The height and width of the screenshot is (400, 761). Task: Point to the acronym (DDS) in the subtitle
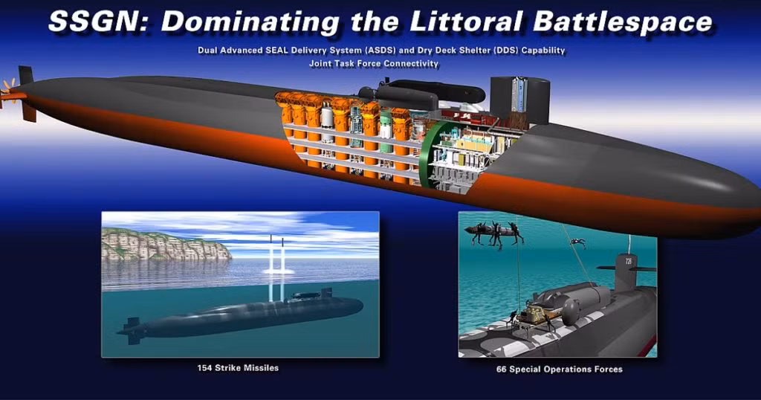503,50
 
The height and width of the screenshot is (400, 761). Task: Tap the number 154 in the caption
205,368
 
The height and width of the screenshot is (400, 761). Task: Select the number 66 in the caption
502,370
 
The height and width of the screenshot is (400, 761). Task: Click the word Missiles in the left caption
262,368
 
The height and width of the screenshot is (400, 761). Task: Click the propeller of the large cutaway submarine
7,92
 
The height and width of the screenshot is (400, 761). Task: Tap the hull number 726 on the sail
629,262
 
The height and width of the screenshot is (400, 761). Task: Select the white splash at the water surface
279,270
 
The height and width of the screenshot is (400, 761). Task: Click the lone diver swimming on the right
577,242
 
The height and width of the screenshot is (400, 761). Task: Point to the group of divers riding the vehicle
494,233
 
